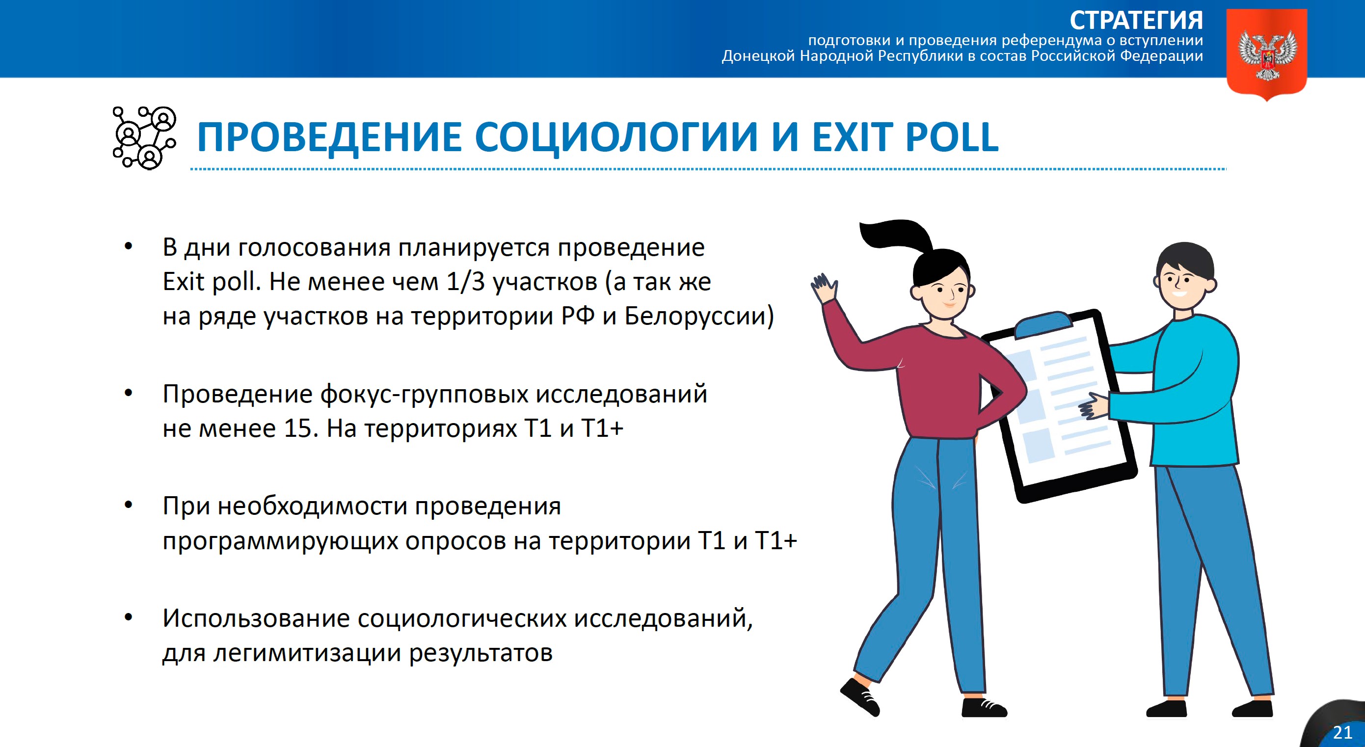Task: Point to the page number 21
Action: (x=1342, y=733)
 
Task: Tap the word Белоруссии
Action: (x=699, y=316)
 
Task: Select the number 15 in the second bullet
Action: (x=297, y=428)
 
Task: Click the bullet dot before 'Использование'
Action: (x=128, y=617)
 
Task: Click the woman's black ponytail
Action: (x=895, y=236)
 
